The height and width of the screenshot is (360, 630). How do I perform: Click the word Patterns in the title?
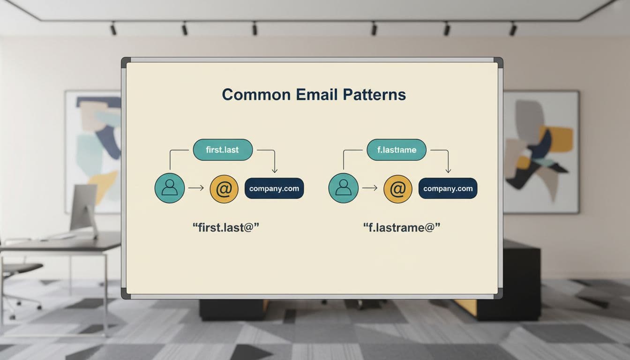coord(374,95)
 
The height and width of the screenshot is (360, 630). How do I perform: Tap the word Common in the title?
coord(256,95)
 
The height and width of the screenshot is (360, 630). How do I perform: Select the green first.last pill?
coord(223,150)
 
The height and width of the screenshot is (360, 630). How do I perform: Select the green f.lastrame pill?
coord(397,150)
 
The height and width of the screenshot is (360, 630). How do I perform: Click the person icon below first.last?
coord(169,188)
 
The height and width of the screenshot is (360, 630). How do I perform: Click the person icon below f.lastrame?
coord(343,188)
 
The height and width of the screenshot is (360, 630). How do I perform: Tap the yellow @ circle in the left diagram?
coord(224,188)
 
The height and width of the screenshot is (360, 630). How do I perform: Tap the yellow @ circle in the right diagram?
coord(397,188)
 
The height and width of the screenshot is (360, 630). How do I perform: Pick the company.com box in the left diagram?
coord(274,188)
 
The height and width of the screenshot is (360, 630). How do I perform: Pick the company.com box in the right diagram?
coord(448,188)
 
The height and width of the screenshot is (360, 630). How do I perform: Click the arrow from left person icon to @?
coord(196,188)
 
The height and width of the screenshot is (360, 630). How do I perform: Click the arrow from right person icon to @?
coord(370,188)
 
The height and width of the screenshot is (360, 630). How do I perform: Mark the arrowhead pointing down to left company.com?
coord(275,170)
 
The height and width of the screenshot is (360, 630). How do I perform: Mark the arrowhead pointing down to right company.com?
coord(448,170)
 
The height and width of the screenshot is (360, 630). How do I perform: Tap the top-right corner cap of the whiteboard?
coord(498,62)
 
